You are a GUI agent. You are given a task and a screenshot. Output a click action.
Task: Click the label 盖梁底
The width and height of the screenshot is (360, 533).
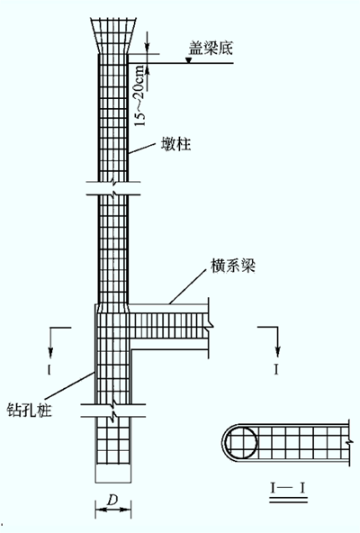tap(211, 49)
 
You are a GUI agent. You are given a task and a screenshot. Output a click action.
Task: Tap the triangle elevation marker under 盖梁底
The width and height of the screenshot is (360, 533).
tap(188, 60)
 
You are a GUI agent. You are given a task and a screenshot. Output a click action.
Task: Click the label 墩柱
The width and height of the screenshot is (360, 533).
tap(175, 144)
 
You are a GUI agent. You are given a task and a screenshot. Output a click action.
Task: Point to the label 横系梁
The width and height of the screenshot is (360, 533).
tap(233, 266)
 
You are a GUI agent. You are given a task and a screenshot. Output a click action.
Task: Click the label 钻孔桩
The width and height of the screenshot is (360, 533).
tap(29, 410)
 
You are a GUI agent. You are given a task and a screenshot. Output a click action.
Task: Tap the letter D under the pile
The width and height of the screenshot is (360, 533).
tap(112, 500)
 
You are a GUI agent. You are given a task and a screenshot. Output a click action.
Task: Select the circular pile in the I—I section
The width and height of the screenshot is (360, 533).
tap(241, 443)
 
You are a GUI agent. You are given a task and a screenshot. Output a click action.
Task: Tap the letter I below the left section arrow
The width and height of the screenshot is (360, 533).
tap(49, 369)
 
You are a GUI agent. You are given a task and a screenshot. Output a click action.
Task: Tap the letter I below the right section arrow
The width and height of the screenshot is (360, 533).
tap(276, 369)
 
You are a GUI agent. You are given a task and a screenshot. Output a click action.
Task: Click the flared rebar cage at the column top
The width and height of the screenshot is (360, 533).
tap(112, 36)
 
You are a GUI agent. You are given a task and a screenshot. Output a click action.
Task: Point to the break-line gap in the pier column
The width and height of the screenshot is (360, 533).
tap(113, 188)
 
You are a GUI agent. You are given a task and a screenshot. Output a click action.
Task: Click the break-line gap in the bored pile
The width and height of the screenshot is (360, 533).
tap(113, 411)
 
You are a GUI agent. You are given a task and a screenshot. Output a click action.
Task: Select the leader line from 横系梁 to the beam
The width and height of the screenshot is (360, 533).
tap(188, 286)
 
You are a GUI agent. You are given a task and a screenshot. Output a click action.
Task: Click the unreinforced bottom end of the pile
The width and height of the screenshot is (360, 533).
tap(112, 473)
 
